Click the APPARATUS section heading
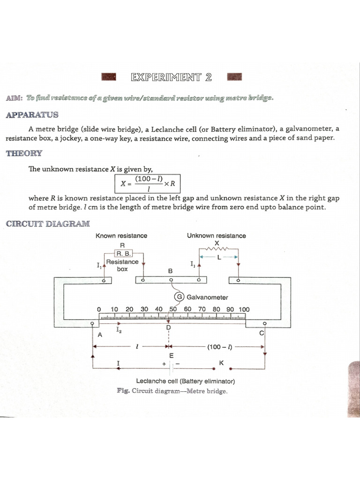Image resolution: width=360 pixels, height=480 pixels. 32,114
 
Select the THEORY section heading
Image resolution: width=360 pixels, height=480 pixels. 24,153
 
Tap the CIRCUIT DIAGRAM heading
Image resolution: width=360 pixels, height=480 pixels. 48,224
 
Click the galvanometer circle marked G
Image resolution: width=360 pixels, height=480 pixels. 179,297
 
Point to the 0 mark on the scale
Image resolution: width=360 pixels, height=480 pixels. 99,309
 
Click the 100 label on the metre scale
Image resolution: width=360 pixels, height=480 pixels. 244,309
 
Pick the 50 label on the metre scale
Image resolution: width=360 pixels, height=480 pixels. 173,309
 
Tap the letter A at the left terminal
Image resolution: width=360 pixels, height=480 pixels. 99,335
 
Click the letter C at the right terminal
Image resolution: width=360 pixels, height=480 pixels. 262,333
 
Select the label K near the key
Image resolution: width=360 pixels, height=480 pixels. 221,362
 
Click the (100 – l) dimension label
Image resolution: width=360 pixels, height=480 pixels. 220,347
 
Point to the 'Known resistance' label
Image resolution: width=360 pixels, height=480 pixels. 121,236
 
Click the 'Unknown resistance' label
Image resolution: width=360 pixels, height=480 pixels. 216,236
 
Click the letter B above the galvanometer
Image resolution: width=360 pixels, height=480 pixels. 171,271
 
